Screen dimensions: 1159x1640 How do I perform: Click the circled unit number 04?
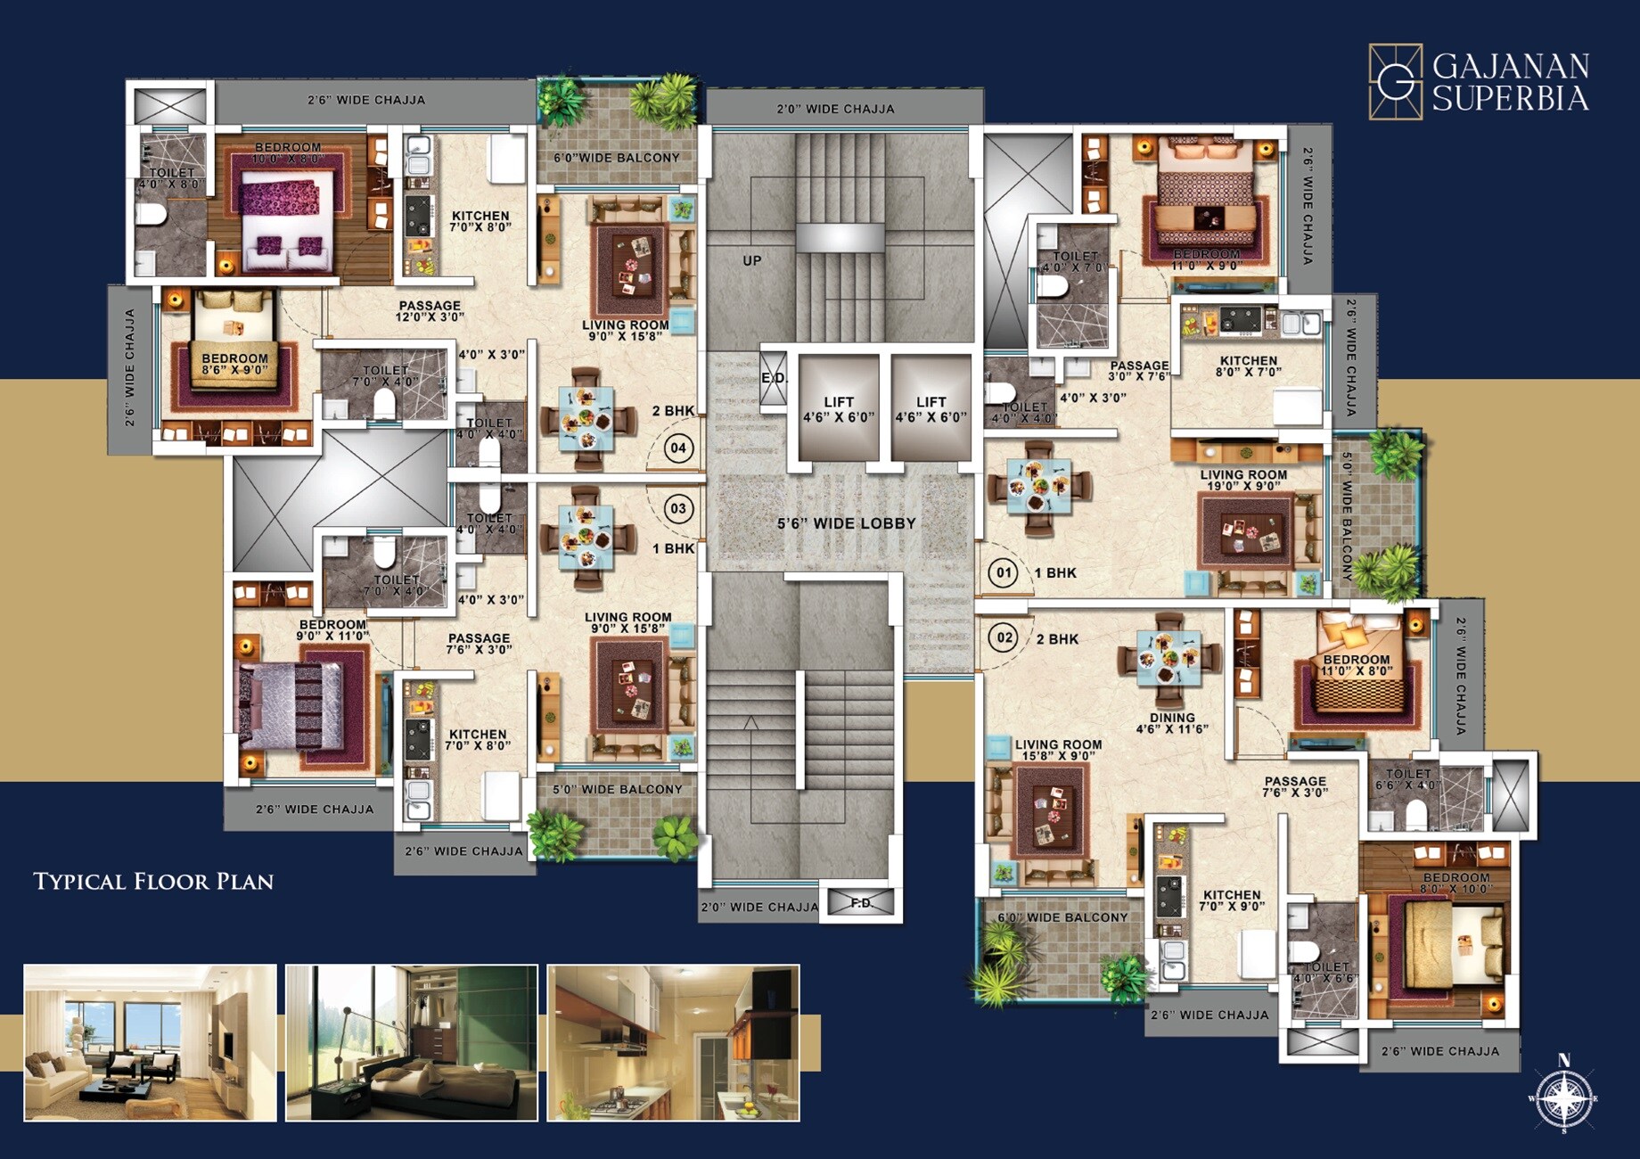pyautogui.click(x=678, y=448)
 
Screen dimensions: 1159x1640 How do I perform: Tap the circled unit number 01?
pyautogui.click(x=1004, y=572)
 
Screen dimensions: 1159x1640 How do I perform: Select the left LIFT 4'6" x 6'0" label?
pyautogui.click(x=839, y=409)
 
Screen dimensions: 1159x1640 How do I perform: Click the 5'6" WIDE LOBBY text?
pyautogui.click(x=846, y=523)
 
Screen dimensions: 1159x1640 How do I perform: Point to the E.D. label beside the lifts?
pyautogui.click(x=774, y=378)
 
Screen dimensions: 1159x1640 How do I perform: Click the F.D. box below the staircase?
pyautogui.click(x=860, y=903)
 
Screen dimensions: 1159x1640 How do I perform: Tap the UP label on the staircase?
pyautogui.click(x=752, y=260)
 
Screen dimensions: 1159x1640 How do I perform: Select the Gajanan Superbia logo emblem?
pyautogui.click(x=1395, y=81)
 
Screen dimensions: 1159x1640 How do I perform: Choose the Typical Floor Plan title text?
pyautogui.click(x=153, y=882)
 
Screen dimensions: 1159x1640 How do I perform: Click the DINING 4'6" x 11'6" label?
pyautogui.click(x=1171, y=723)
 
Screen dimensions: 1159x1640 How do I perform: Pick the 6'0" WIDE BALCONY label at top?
pyautogui.click(x=617, y=158)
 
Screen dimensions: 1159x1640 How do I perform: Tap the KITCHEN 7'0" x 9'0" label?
pyautogui.click(x=1232, y=900)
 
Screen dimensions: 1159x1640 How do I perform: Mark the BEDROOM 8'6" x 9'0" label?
pyautogui.click(x=234, y=364)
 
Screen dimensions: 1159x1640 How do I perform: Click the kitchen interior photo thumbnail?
pyautogui.click(x=673, y=1042)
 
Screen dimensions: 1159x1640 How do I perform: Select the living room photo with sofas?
pyautogui.click(x=150, y=1042)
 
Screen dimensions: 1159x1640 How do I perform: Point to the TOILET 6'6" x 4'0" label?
pyautogui.click(x=1408, y=779)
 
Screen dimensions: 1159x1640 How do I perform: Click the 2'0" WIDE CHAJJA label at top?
pyautogui.click(x=835, y=109)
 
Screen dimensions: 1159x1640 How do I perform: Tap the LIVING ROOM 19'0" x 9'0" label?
pyautogui.click(x=1242, y=480)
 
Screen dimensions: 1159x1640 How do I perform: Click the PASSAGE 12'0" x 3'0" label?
pyautogui.click(x=430, y=311)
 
